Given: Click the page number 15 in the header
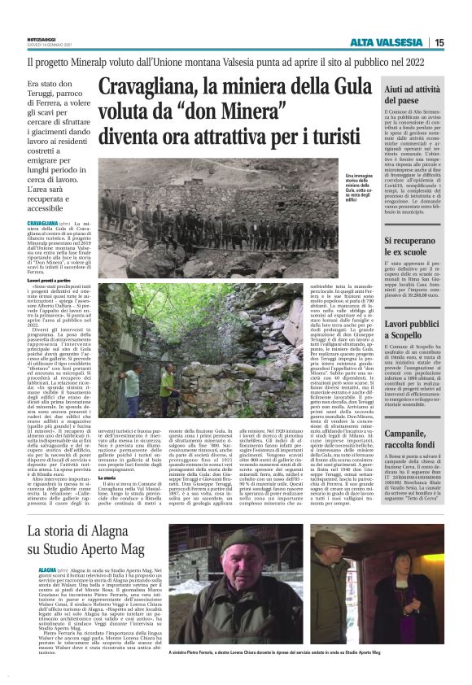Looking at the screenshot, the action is (439, 42).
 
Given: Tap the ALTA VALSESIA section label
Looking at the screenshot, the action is (387, 42).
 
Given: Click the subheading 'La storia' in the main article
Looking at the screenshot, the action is (111, 456).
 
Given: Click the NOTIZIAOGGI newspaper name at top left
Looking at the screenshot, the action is (48, 37).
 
